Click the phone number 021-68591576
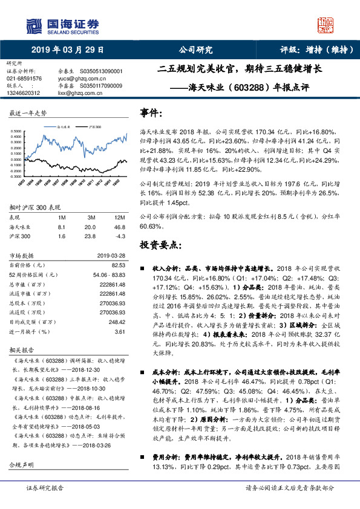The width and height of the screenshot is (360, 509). pos(24,78)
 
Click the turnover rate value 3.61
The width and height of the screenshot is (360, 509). pos(120,332)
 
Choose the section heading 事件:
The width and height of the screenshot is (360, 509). pos(151,113)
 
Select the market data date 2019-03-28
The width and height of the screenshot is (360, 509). pos(111,256)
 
